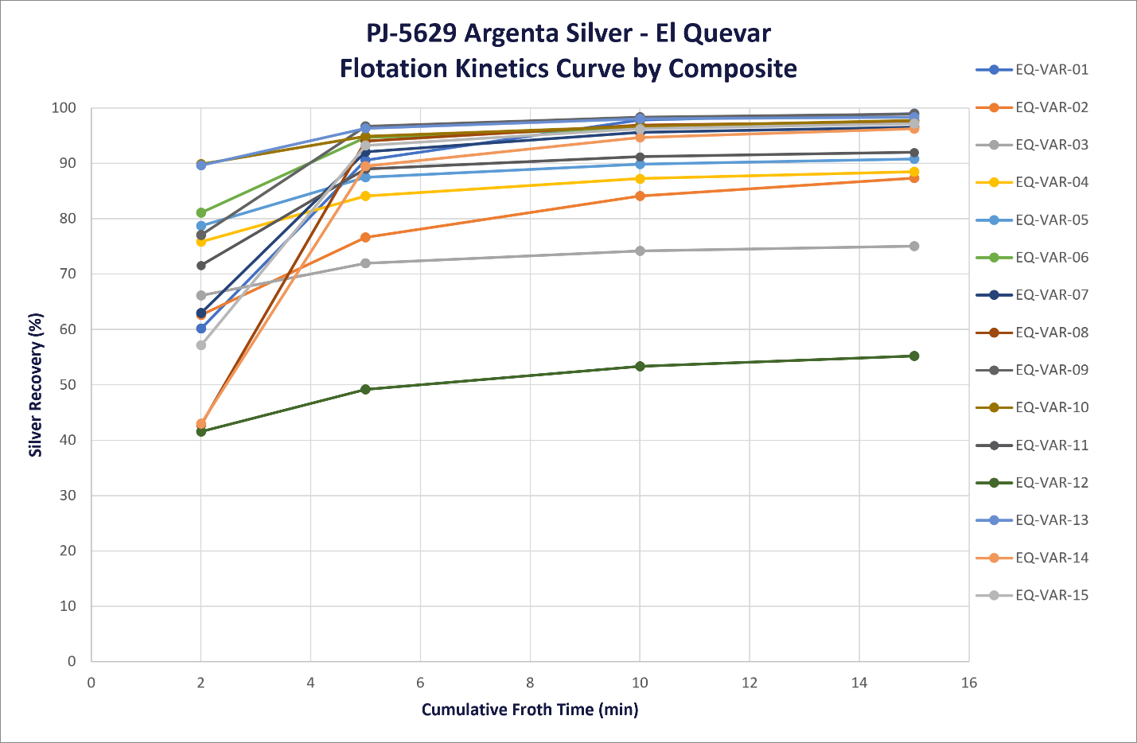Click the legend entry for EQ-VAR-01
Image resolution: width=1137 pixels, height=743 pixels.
pos(1032,70)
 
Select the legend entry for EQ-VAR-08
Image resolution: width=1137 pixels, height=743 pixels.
pos(1032,333)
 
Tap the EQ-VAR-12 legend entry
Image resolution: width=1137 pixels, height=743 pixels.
pos(1032,483)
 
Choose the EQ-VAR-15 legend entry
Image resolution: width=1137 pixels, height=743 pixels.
pos(1032,595)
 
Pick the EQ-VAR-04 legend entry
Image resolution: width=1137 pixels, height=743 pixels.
pos(1032,183)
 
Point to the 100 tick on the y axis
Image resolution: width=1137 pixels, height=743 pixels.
pos(64,108)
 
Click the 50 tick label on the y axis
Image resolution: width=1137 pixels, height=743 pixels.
pos(68,385)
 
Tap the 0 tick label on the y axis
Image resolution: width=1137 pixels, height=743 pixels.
pos(72,661)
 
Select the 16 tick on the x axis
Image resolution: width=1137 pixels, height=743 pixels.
pos(968,683)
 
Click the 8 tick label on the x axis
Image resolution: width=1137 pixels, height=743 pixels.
pos(530,683)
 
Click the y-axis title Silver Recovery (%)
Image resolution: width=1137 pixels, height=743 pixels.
pos(36,385)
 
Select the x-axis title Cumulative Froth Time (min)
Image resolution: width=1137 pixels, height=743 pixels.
pos(530,710)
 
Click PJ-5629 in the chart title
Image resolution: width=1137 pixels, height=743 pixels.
pos(411,33)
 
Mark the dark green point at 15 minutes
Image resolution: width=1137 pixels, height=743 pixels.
pos(914,356)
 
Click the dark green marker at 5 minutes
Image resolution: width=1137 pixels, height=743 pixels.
pos(365,390)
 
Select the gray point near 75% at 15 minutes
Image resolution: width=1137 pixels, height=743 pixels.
pos(914,247)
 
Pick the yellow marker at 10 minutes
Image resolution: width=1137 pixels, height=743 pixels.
pos(640,179)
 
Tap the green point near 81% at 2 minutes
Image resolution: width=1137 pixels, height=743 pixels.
pos(201,212)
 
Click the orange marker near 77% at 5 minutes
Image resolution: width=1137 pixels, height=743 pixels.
pos(365,238)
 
